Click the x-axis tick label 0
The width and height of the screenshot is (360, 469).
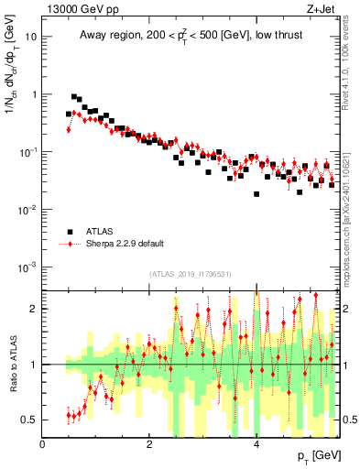(43, 444)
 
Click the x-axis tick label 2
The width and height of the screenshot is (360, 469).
(149, 444)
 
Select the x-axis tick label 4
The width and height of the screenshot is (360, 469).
(256, 444)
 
